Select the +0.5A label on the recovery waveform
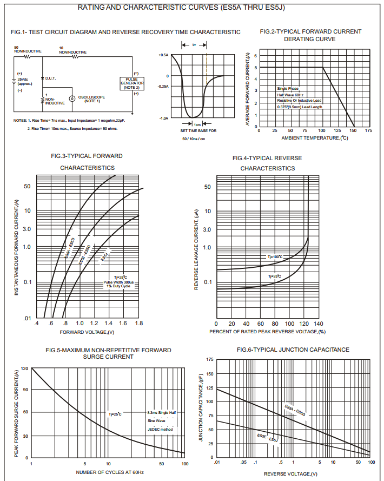pos(163,55)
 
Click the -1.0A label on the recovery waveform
pos(163,118)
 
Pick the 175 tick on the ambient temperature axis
pos(368,131)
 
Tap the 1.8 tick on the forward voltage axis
pos(138,323)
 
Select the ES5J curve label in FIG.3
pos(105,256)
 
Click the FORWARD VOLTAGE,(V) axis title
pos(87,332)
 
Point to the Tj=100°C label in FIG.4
pos(275,256)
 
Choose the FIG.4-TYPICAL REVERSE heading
pos(267,158)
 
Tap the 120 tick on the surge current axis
pos(24,368)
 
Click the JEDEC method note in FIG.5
pos(161,429)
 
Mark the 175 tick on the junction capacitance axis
pos(209,359)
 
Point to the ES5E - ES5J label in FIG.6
pos(267,437)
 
